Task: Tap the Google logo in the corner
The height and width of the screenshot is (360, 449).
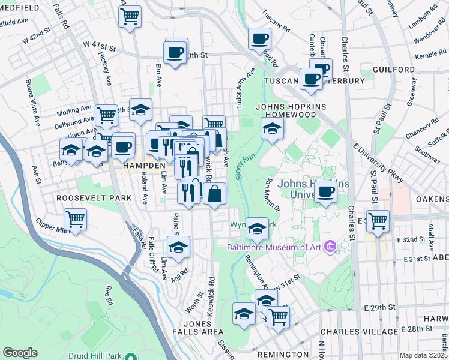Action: coord(20,352)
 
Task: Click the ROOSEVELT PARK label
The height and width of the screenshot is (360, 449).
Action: coord(85,197)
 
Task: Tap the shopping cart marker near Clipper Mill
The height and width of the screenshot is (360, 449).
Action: coord(76,220)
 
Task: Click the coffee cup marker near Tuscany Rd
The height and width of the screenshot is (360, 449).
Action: coord(260,39)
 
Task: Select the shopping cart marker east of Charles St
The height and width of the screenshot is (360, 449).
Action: coord(378,220)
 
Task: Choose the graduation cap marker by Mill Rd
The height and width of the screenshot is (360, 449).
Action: coord(178,247)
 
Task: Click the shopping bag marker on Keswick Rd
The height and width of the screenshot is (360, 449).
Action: coord(214,193)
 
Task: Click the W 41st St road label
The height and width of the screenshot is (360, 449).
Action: coord(98,45)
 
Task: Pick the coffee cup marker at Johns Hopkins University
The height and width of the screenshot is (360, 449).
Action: coord(325,191)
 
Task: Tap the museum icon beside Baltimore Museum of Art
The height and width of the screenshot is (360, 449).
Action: coord(329,246)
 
